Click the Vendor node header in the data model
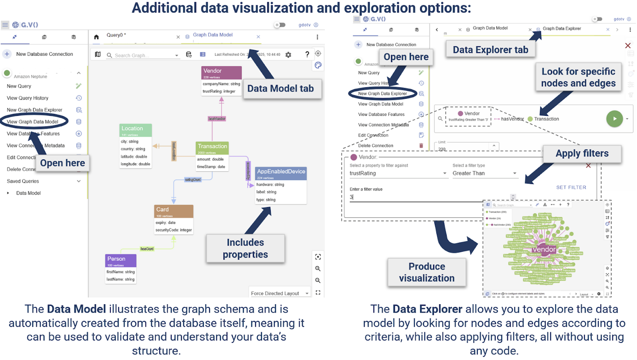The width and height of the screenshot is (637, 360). coord(222,72)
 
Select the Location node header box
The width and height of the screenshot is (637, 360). coord(135,130)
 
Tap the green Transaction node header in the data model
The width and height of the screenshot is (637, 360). coord(212,148)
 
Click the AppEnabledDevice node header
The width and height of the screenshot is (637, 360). coord(281,173)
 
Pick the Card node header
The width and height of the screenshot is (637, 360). coord(174,211)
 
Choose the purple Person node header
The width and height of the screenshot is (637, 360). coord(120,260)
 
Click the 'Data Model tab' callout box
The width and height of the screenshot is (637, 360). coord(280,89)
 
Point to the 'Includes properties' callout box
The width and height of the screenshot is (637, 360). coord(245,248)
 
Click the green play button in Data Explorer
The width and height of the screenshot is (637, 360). coord(614,119)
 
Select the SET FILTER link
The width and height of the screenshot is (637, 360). coord(571,187)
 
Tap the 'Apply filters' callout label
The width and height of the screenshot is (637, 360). coord(582,153)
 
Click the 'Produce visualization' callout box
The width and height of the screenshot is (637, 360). coord(427,272)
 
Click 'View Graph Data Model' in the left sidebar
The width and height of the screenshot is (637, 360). coord(33,122)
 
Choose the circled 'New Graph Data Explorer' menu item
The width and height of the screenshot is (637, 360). coord(382,94)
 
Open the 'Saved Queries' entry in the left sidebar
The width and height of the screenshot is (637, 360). coord(23,181)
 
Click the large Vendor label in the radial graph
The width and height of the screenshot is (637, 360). coord(544,249)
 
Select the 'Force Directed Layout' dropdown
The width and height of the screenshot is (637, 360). coord(279,293)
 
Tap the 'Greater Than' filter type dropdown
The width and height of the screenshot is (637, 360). coord(484,173)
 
